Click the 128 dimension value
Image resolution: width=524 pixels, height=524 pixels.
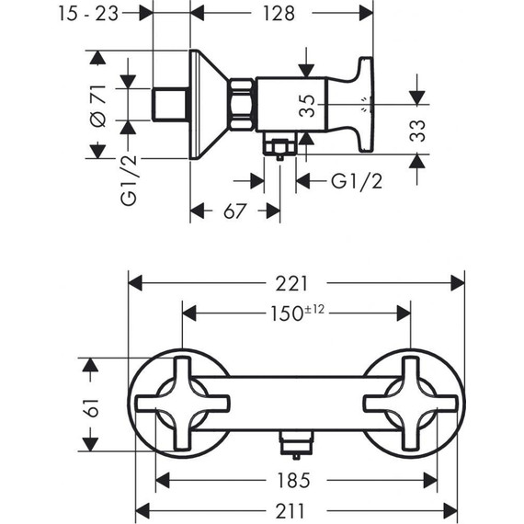coord(279,14)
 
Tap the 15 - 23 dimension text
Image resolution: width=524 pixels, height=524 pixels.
coord(88,14)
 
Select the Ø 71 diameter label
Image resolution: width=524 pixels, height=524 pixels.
coord(98,106)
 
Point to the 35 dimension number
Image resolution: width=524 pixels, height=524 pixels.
coord(307,106)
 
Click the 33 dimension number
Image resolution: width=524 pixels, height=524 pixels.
coord(417,131)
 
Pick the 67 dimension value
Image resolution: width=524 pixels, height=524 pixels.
coord(234,211)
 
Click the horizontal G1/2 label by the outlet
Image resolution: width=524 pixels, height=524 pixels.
coord(357,181)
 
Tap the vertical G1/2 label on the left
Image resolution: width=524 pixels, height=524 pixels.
coord(129,180)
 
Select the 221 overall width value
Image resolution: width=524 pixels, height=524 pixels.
coord(291,284)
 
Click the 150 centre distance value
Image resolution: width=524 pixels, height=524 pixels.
coord(286,313)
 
